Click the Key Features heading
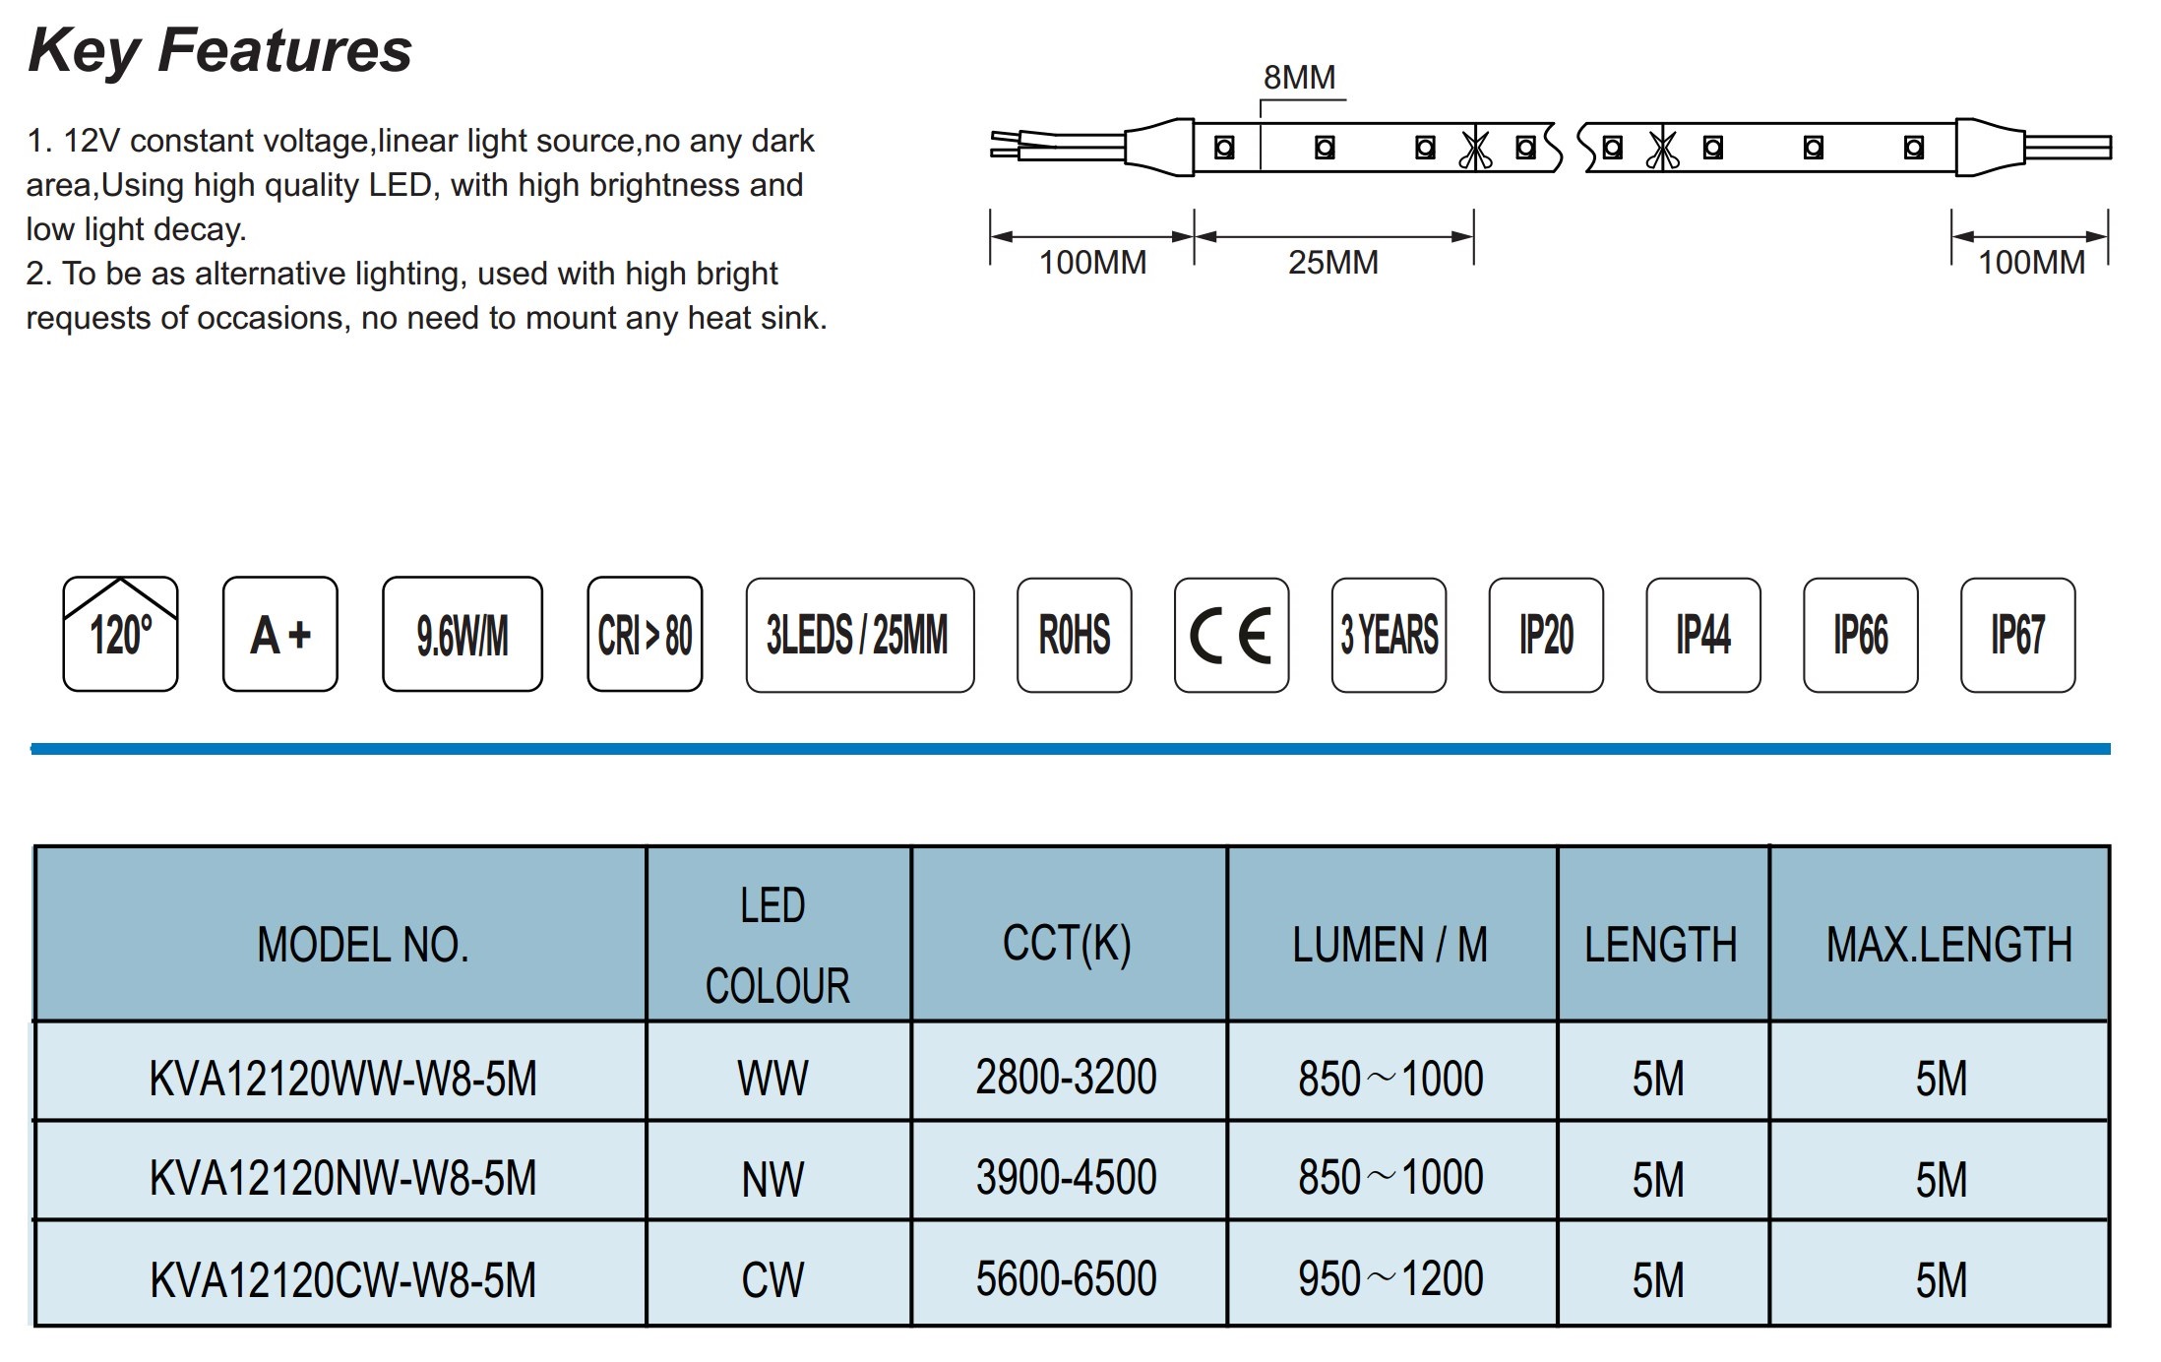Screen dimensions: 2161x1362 point(219,50)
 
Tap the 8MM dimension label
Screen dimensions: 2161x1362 point(1299,77)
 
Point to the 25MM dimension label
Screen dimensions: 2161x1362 point(1332,262)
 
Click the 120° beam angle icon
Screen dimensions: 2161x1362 point(120,634)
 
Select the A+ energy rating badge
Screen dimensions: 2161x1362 point(280,634)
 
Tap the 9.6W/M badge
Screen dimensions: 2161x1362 point(463,634)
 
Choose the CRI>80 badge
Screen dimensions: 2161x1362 point(645,634)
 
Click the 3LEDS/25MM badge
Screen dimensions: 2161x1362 point(860,635)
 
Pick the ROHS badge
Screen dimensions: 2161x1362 point(1075,635)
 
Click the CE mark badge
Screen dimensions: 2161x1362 point(1231,635)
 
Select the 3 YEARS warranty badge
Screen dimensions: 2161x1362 point(1389,635)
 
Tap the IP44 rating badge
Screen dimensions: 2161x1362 point(1703,635)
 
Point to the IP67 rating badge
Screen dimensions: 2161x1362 point(2018,635)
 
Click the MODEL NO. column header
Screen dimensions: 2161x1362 point(363,945)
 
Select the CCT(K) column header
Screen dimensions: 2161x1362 point(1067,944)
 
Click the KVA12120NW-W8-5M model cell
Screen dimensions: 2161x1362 point(343,1178)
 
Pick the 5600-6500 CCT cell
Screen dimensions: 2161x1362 point(1067,1278)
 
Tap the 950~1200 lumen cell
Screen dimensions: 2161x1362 point(1390,1278)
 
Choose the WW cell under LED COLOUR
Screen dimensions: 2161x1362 point(773,1079)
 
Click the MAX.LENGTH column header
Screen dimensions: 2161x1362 point(1949,945)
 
